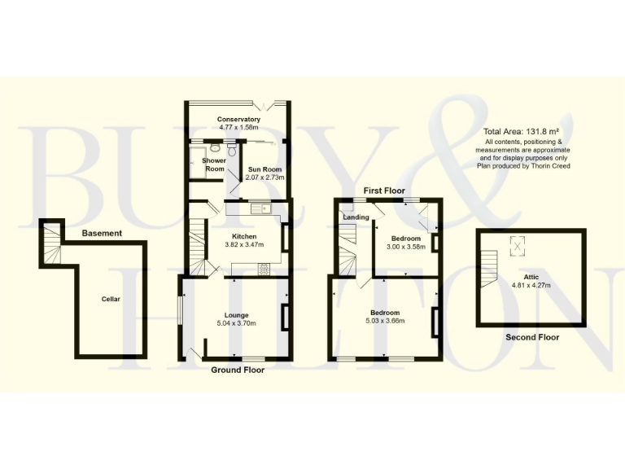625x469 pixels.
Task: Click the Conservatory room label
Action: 238,120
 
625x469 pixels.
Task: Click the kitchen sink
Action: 261,210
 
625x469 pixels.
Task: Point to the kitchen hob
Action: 264,269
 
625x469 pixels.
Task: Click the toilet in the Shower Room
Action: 232,151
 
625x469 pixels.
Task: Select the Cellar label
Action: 111,300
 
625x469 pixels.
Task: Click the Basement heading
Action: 102,234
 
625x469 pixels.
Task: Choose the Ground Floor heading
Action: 238,370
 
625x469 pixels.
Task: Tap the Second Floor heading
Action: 532,336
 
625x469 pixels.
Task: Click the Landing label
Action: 356,217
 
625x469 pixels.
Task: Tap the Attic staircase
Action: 487,267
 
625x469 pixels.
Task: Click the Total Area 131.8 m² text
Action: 522,132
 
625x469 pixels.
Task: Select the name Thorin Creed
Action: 553,165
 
